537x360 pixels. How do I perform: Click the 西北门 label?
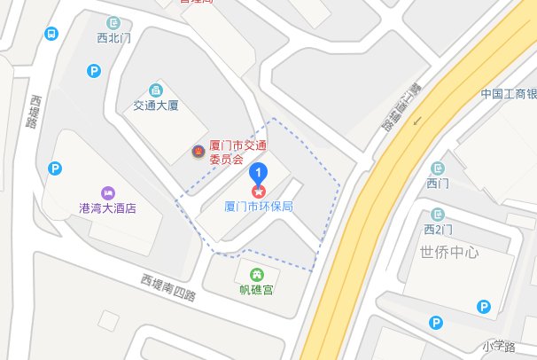(x=113, y=38)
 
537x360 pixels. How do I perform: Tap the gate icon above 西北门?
(x=113, y=22)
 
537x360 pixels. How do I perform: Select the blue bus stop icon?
(x=51, y=34)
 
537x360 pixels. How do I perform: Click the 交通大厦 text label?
(x=156, y=106)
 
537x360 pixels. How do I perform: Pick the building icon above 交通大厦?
(x=156, y=90)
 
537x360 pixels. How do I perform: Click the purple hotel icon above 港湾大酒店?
(x=107, y=192)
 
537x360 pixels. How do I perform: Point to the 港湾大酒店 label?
(x=107, y=208)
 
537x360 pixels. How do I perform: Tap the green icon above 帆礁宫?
(x=257, y=274)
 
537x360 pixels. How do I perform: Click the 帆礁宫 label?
(x=257, y=289)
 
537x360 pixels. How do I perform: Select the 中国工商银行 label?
(x=509, y=93)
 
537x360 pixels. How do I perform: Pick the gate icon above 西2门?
(x=438, y=215)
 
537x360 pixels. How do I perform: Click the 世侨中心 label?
(x=450, y=252)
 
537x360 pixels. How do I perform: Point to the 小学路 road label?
(x=499, y=345)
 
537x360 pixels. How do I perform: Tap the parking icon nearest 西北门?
(x=94, y=71)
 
